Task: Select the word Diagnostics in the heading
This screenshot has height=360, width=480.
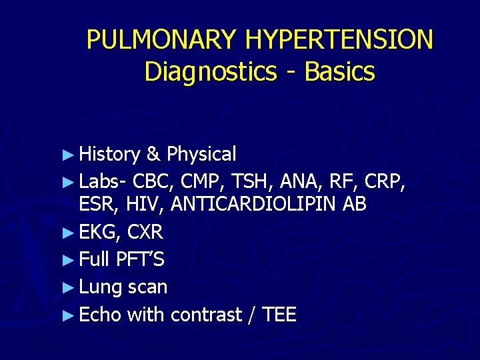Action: pyautogui.click(x=210, y=72)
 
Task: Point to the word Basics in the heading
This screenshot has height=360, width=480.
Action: pyautogui.click(x=339, y=72)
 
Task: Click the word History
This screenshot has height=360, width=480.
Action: pyautogui.click(x=109, y=155)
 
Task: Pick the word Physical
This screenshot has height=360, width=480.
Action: pyautogui.click(x=201, y=155)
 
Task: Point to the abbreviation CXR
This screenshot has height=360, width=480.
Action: pyautogui.click(x=145, y=233)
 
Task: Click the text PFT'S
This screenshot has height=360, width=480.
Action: pyautogui.click(x=140, y=259)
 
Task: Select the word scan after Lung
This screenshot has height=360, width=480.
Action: pyautogui.click(x=147, y=287)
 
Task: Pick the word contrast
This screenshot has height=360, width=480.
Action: pyautogui.click(x=206, y=315)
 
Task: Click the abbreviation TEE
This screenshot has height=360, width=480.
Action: pyautogui.click(x=280, y=315)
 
